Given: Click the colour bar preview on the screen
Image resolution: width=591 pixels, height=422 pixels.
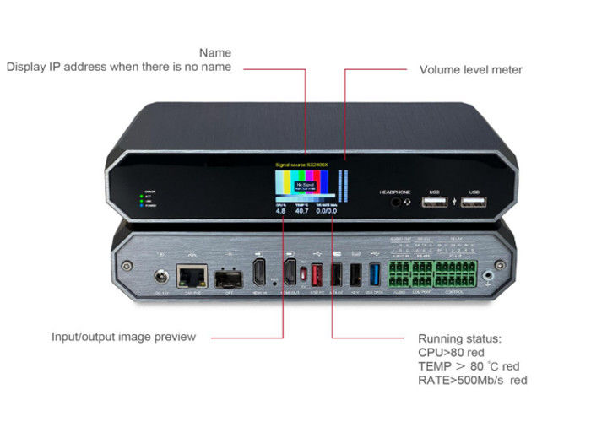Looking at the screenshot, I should pos(303,183).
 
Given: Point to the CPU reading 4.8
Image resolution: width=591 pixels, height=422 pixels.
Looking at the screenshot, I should pos(280,211).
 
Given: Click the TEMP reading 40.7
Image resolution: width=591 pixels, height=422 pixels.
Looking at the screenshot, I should pos(301,211).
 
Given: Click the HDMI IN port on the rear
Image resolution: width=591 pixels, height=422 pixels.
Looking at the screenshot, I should pos(260,273).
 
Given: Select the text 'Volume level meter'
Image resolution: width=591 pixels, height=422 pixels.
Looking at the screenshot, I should pos(471,70).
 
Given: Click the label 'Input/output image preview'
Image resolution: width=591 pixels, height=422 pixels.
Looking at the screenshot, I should pos(123,337).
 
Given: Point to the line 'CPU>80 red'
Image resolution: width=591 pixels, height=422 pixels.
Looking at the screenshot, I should pos(452,351).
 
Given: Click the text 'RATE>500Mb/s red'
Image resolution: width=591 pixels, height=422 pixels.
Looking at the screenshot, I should pos(472,381).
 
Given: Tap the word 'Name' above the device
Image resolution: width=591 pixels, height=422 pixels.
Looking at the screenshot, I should pos(215,53).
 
